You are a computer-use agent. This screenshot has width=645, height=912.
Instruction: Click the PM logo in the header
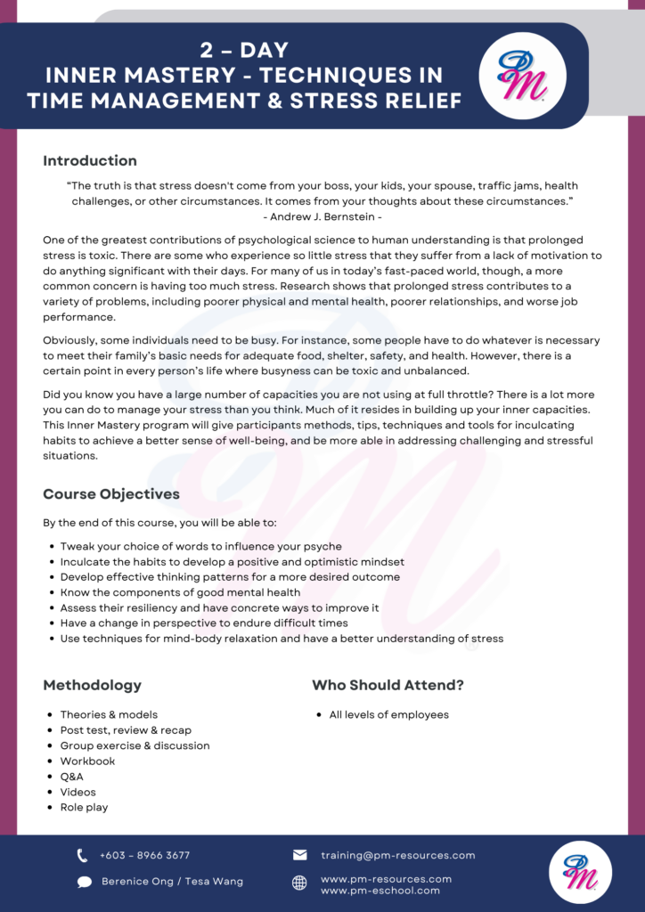(522, 76)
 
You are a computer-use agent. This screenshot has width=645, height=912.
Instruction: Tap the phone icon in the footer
(83, 856)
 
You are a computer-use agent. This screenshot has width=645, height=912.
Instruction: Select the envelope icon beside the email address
(300, 855)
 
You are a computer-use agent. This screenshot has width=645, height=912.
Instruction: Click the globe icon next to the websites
(300, 883)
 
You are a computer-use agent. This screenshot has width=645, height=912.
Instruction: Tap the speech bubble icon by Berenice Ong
(84, 882)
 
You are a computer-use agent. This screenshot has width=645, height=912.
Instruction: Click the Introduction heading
(90, 161)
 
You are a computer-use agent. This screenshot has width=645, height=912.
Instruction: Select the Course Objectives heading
(111, 494)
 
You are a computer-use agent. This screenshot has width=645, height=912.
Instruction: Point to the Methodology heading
(92, 685)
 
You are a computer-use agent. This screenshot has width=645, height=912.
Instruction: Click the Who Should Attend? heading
(388, 685)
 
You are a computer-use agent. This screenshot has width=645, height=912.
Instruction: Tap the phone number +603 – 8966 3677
(144, 856)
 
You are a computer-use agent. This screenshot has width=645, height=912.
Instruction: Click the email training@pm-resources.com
(397, 856)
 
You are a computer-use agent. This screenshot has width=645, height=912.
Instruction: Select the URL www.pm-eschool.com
(380, 890)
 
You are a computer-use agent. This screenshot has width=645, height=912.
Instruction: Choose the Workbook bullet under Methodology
(87, 761)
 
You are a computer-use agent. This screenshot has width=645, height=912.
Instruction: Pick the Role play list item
(84, 808)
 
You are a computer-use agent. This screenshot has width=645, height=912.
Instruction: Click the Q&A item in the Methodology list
(72, 777)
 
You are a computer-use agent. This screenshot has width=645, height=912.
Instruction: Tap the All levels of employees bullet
(388, 715)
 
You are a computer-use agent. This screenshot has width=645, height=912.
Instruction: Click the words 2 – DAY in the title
(244, 51)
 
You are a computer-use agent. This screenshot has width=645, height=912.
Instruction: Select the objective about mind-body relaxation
(282, 639)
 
